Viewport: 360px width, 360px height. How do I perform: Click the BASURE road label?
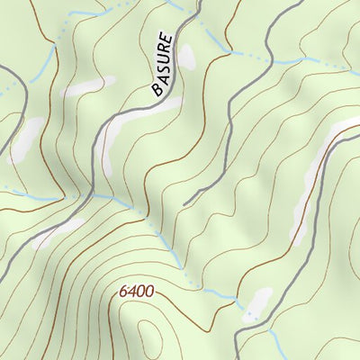click(161, 64)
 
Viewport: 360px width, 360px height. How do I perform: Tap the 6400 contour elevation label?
click(136, 292)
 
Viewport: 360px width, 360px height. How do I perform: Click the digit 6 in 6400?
click(122, 292)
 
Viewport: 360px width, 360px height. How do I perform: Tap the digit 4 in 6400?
click(131, 292)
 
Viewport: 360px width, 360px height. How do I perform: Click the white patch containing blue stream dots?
click(256, 303)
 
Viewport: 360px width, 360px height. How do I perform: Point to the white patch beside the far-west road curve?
click(25, 139)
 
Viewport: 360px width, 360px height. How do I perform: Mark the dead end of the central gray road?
click(184, 204)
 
